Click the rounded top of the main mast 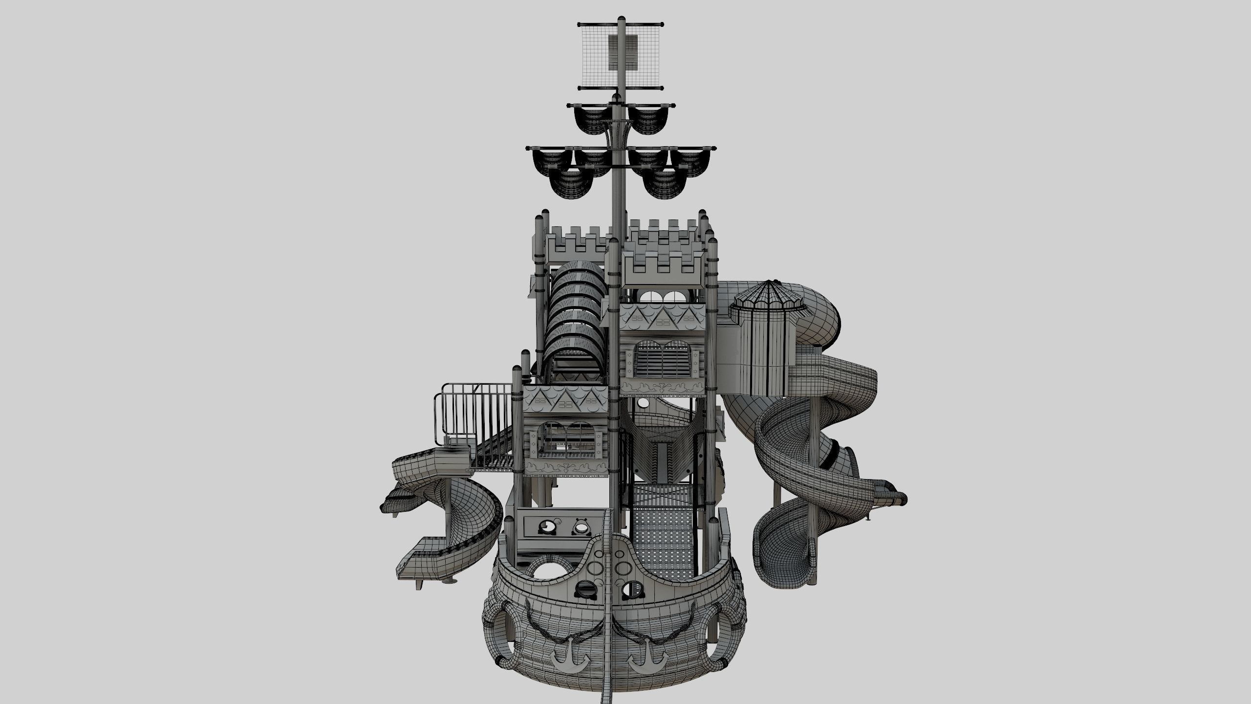coord(622,19)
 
